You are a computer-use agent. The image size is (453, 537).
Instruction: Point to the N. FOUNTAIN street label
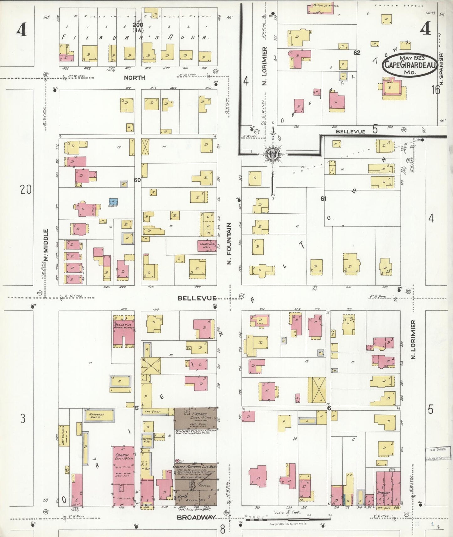[x=229, y=243]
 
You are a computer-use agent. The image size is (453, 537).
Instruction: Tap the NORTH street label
[x=134, y=77]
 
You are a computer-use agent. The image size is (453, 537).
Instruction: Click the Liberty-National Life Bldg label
[x=195, y=467]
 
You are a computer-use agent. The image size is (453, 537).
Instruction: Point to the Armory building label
[x=384, y=493]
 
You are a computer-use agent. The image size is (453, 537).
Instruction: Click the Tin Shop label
[x=152, y=412]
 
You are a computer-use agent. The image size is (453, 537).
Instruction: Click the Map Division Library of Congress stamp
[x=438, y=454]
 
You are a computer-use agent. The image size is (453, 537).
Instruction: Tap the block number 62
[x=357, y=53]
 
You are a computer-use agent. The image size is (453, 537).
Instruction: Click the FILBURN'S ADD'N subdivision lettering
[x=135, y=37]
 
